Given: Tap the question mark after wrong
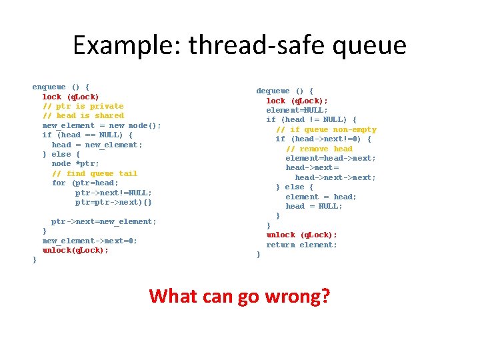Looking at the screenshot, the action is [325, 295].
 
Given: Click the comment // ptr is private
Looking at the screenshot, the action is [83, 106].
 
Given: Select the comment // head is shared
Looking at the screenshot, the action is [83, 115].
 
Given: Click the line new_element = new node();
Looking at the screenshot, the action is [101, 125].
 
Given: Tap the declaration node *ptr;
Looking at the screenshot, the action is [75, 163].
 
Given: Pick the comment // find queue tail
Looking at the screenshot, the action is [94, 173].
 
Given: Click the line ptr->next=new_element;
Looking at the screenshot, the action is [104, 221].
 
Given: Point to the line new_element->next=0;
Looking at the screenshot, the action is [89, 241].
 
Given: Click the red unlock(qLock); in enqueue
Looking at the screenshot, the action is [75, 251].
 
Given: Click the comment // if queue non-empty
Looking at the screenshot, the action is [326, 129].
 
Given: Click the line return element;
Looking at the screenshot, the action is [301, 245].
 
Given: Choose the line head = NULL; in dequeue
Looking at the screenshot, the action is [314, 206].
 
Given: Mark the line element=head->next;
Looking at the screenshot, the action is [331, 158].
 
